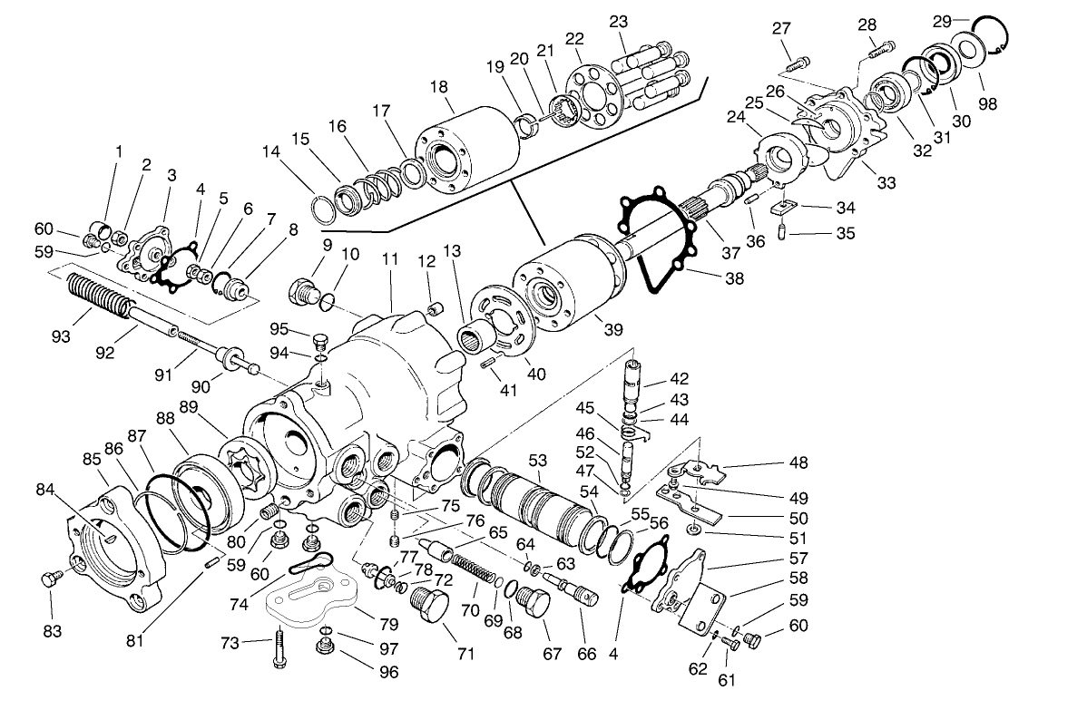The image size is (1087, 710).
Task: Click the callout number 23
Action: pos(619,22)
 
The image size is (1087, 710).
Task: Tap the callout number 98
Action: pos(988,104)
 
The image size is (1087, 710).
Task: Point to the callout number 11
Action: pos(390,258)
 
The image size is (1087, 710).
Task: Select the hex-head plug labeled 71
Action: pos(430,605)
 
